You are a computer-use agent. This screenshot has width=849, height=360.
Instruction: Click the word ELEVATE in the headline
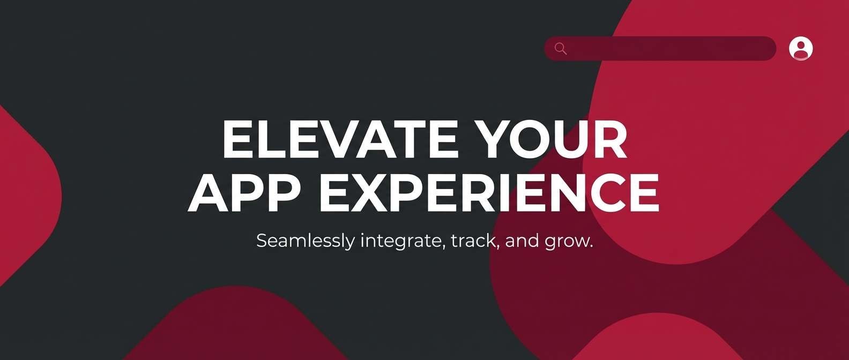340,139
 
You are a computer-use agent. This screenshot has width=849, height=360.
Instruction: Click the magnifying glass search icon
561,49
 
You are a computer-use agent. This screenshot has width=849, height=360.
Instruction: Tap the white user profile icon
801,49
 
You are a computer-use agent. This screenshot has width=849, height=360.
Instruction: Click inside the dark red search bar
670,49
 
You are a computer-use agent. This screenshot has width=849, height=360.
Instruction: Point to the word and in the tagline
522,241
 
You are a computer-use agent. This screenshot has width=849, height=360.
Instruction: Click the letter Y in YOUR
496,139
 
